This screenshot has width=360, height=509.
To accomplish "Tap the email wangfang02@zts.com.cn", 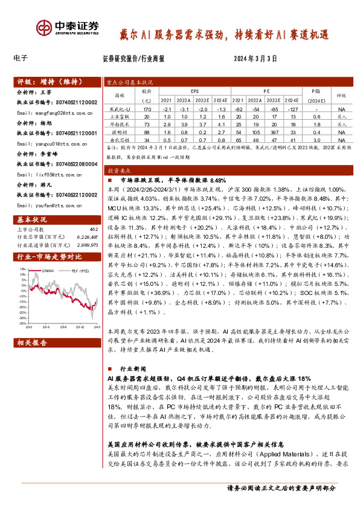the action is click(48, 112).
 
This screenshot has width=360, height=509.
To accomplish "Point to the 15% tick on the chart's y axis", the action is click(22, 270).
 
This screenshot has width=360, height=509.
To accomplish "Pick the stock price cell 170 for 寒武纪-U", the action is click(146, 108).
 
